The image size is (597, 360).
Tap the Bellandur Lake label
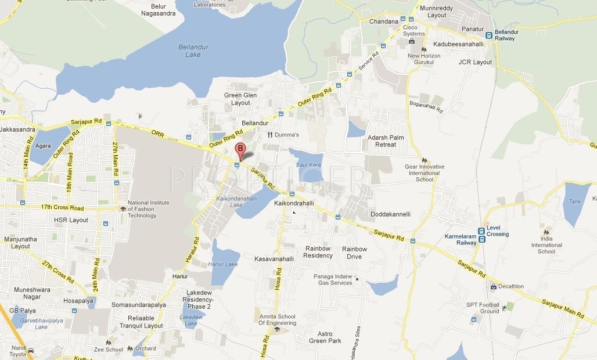[189, 51]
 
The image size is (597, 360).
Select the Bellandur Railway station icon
[489, 35]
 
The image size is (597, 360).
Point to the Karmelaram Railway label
[461, 240]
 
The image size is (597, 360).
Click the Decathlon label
[510, 286]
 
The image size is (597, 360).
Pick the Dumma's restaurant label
[287, 135]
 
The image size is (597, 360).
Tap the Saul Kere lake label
[309, 165]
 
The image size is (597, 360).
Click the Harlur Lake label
[223, 264]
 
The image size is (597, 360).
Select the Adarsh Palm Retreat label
[386, 141]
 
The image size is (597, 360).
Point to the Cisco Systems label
[414, 30]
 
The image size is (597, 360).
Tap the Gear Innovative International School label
[425, 173]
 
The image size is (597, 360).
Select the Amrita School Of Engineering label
[277, 320]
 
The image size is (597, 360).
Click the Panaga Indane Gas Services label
[333, 279]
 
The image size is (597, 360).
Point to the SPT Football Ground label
[483, 308]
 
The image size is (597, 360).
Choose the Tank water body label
[574, 201]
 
